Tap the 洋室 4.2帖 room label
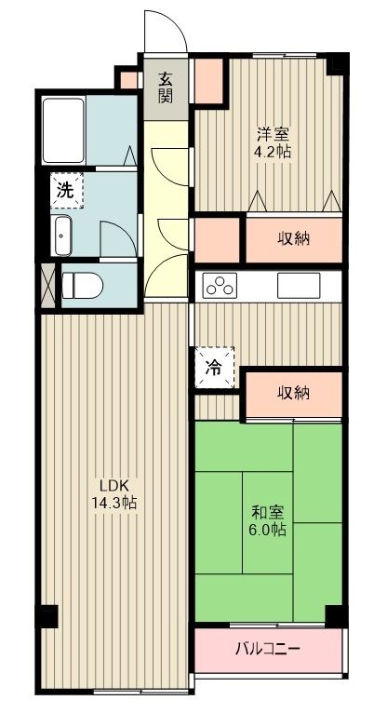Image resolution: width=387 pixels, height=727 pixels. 274,141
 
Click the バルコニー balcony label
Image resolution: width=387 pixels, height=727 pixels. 267,648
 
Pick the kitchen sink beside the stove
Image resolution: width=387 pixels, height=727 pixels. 298,284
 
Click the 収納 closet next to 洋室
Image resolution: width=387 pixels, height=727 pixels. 292,238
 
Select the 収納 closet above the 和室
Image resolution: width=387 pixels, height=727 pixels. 292,393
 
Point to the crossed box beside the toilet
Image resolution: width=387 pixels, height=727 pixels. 48,284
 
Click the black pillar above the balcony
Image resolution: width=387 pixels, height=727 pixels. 336,617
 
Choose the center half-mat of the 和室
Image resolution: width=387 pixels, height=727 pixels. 268,521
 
